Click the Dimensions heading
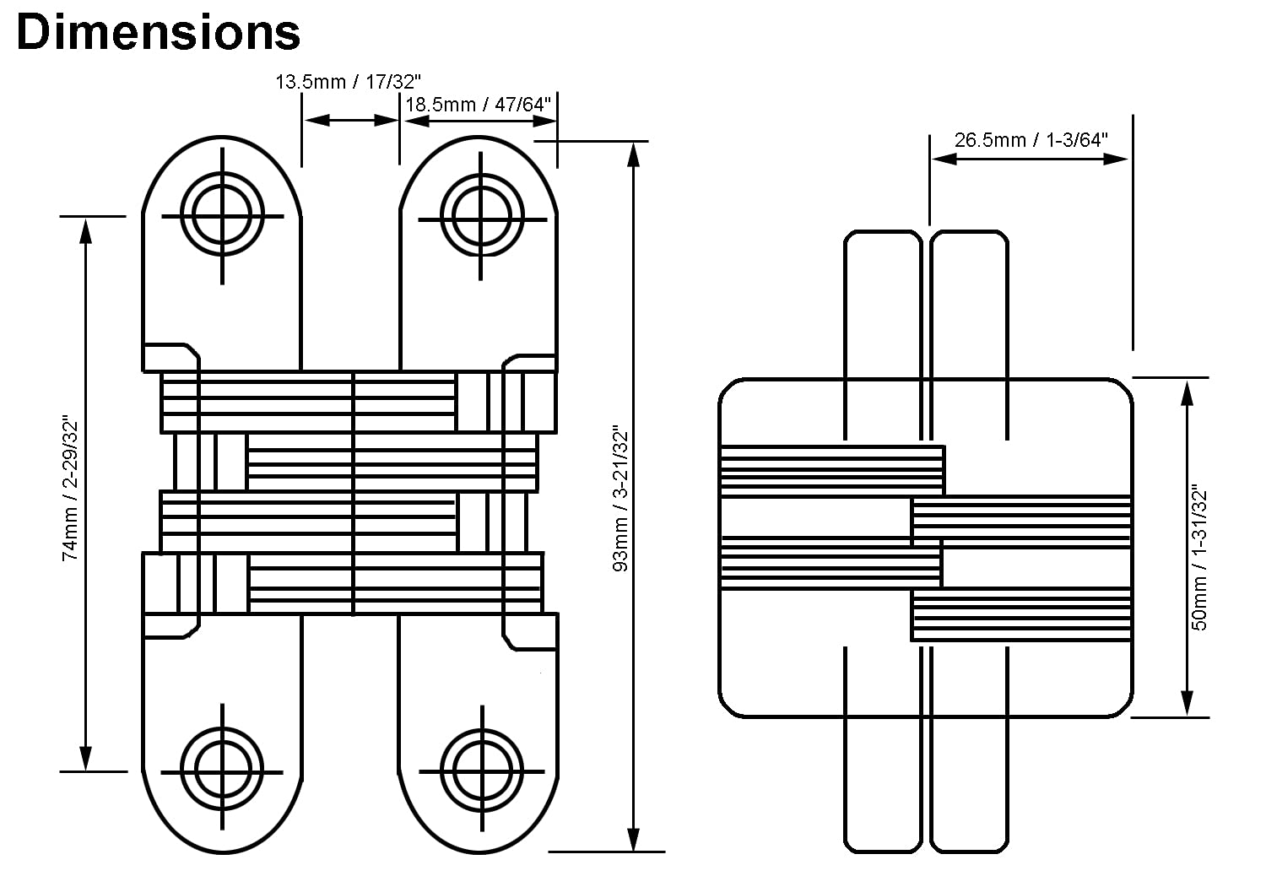pos(159,32)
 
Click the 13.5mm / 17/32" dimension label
pos(348,82)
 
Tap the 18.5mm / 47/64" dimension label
pos(479,105)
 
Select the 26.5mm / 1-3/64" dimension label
pos(1031,140)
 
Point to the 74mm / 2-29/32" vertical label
pos(70,489)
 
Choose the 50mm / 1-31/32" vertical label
pos(1198,557)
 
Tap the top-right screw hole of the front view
pos(481,216)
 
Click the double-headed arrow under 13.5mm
pos(352,121)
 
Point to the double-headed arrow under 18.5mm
pos(480,121)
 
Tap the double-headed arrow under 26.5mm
pos(1029,160)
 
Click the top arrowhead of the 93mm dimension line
pos(634,155)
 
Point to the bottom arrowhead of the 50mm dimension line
pos(1187,703)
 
